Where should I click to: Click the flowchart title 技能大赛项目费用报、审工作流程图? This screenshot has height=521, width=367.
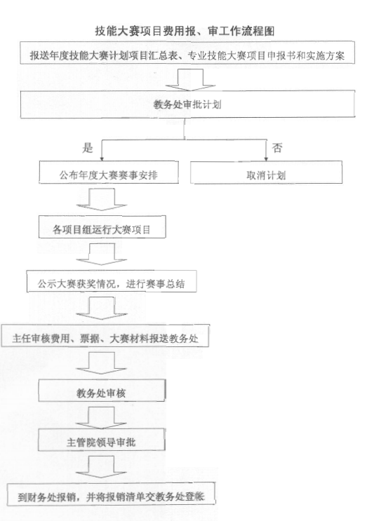pos(185,31)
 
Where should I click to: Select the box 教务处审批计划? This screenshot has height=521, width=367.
pos(187,104)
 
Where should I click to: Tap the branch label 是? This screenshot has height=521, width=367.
pos(88,147)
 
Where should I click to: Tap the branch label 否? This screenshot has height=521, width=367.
pos(277,147)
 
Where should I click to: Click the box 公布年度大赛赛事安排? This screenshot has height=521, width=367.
pos(109,172)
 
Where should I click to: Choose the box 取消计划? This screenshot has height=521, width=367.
pos(266,172)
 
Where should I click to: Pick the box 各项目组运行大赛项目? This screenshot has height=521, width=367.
pos(102,227)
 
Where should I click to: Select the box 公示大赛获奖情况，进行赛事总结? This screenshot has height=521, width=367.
pos(112,281)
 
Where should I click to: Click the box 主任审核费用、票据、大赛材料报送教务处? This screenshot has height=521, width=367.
pos(105,336)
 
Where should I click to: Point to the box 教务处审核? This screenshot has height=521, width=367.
pos(102,391)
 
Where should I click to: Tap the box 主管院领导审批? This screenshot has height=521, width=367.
pos(101,440)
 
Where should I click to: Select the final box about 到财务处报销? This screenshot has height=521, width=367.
pos(112,494)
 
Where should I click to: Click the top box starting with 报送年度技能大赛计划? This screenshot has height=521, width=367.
pos(187,53)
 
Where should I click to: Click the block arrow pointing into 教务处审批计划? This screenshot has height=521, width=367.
pos(190,80)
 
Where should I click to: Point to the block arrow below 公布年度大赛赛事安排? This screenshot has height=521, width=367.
pos(102,199)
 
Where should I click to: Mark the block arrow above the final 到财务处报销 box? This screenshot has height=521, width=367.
pos(101,467)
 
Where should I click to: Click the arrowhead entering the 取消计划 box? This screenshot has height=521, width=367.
pos(266,158)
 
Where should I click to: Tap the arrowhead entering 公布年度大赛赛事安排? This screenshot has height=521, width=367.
pos(102,158)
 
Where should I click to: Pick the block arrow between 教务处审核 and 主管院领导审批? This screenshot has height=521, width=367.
pos(101,418)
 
